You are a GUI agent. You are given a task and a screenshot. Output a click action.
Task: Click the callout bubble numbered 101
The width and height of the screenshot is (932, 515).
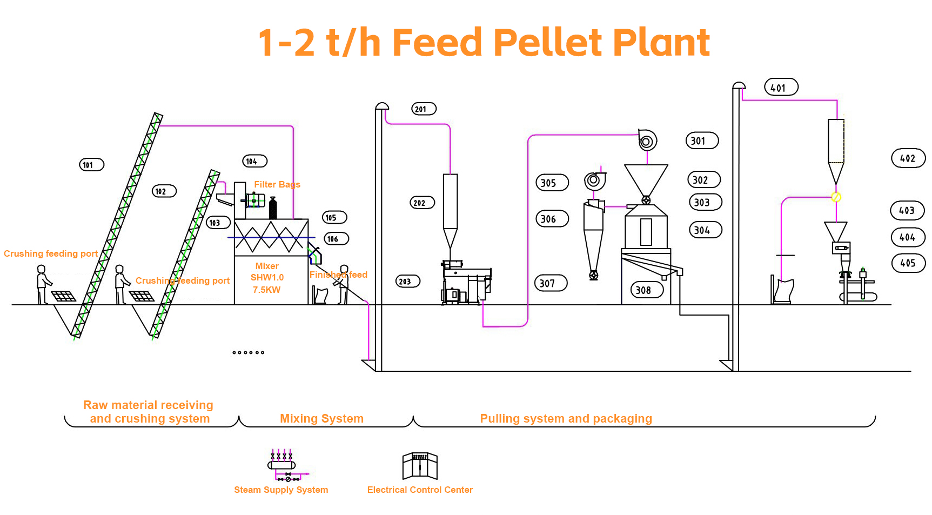[x=91, y=165]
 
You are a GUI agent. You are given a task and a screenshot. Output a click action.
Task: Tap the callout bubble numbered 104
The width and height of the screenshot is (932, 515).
[x=254, y=161]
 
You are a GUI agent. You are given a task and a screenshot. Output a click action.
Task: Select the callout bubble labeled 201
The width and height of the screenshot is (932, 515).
[x=424, y=109]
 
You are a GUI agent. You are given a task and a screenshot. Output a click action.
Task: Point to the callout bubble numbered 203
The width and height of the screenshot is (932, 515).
[x=408, y=282]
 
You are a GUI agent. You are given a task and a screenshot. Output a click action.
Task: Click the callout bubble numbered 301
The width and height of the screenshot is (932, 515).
[x=702, y=141]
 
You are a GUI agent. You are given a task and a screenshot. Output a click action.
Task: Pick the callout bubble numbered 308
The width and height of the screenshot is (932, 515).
[x=647, y=290]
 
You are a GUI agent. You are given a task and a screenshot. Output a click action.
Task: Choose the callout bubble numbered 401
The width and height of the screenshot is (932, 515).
[x=781, y=88]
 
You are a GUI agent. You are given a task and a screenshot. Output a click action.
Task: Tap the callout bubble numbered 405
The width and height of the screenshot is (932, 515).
[x=908, y=263]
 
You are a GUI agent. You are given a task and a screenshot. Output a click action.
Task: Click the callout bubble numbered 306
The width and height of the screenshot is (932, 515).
[x=552, y=219]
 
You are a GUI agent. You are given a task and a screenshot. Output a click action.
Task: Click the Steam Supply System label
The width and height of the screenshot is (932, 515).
[x=281, y=490]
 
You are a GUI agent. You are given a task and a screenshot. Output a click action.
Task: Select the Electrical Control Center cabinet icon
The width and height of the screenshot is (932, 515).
[x=420, y=466]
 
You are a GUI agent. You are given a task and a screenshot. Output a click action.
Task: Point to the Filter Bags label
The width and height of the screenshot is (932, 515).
[x=277, y=185]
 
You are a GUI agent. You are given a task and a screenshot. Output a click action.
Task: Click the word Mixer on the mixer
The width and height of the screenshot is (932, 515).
[x=267, y=266]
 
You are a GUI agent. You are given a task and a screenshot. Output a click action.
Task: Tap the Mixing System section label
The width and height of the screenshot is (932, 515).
[x=321, y=419]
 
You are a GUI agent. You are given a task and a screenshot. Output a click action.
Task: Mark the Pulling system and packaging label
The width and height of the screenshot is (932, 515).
[x=566, y=419]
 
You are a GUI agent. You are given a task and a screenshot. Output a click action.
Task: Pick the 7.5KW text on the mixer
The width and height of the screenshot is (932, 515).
[x=267, y=290]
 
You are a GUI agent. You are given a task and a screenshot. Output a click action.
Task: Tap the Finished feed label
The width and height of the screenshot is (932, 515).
[x=338, y=275]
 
